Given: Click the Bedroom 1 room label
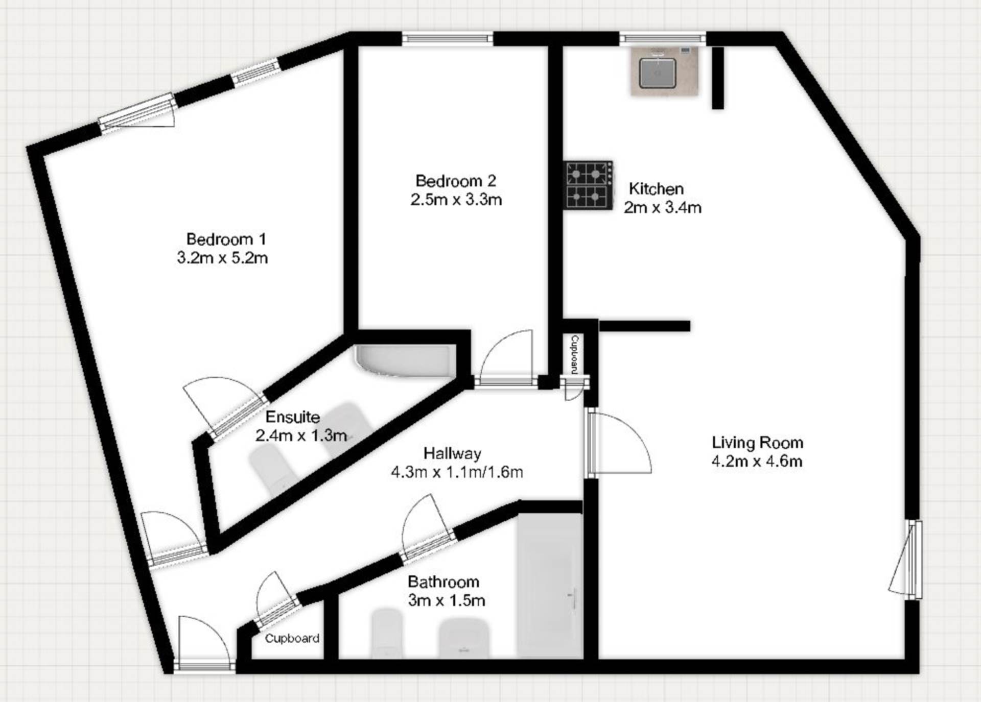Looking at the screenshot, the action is coord(226,239).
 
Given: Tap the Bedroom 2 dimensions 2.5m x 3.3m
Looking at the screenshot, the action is coord(456,200).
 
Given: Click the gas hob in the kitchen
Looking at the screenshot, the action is coord(588,185).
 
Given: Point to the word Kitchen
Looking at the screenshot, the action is coord(656,189).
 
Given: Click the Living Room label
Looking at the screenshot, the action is coord(757,442).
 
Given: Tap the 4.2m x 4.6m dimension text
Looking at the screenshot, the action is coord(757,461).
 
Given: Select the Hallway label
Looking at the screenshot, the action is coord(452,453).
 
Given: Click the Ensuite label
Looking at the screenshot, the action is coord(293,417).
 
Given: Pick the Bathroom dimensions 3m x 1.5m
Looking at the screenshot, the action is coord(446,600).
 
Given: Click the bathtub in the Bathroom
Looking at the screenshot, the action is coord(550,584).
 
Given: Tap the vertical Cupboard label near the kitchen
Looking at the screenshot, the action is coord(574,355).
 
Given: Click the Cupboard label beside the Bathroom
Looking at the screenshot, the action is coord(292,638).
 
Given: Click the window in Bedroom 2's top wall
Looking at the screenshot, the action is coord(447,39).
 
